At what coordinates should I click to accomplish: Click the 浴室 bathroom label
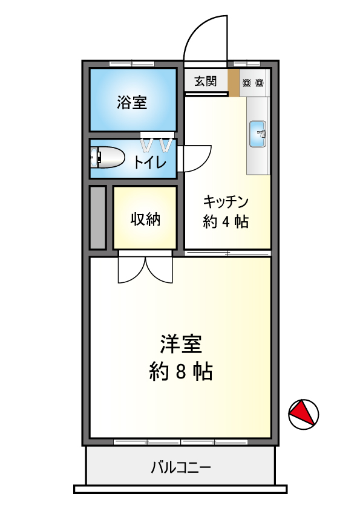tap(132, 103)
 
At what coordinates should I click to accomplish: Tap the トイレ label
tap(150, 162)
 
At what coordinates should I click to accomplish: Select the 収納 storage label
tap(145, 219)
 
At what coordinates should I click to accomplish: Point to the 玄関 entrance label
tap(206, 81)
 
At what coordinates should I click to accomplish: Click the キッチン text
tap(226, 201)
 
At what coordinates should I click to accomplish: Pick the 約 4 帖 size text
tap(226, 222)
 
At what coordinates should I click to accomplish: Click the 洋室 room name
tap(181, 344)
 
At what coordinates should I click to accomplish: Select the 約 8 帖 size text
tap(181, 372)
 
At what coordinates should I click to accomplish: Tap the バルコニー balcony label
tap(181, 468)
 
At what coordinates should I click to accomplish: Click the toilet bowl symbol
tap(108, 157)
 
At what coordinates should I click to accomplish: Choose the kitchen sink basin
tap(258, 134)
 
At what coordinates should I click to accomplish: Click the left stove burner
tap(247, 83)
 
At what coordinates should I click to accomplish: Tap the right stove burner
tap(259, 83)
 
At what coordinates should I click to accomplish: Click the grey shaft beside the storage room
tap(98, 218)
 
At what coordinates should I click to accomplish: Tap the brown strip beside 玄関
tap(234, 83)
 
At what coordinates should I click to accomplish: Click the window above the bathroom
tap(132, 63)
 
